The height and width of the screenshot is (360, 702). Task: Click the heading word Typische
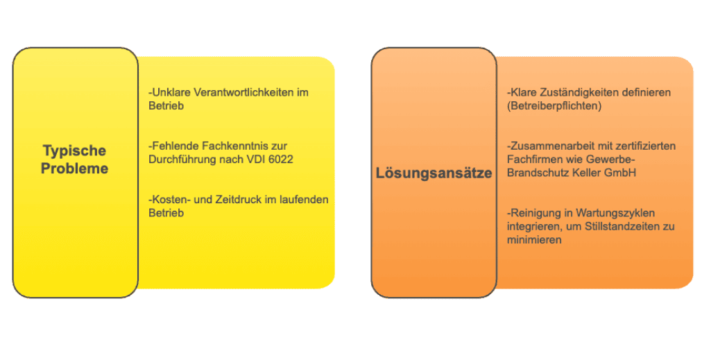point(74,151)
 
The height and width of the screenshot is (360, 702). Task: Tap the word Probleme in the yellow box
point(74,168)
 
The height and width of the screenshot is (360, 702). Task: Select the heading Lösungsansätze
point(434,173)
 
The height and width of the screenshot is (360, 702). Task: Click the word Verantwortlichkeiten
point(241,92)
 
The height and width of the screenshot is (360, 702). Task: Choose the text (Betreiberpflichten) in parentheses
point(555,105)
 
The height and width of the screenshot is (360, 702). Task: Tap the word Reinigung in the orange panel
point(533,213)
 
